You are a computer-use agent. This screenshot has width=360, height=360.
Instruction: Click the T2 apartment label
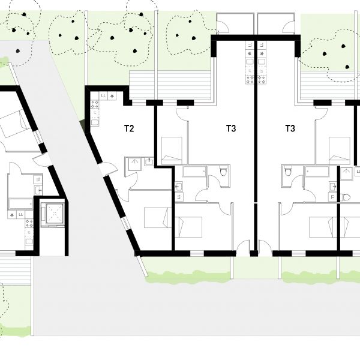tap(129, 128)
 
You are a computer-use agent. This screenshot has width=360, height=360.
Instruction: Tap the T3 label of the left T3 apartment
tap(231, 128)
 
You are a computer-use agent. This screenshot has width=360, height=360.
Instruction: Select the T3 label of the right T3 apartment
tap(290, 128)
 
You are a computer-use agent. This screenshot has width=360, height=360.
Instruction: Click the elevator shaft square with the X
tap(55, 214)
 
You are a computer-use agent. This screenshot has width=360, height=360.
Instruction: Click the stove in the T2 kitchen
tap(95, 104)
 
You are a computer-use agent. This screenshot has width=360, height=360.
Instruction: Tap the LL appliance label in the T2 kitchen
tap(104, 96)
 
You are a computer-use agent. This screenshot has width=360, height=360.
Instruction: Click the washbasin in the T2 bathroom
tap(149, 161)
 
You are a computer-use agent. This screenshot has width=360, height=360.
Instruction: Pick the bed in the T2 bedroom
tap(158, 218)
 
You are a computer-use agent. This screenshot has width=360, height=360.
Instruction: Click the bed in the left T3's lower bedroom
tap(188, 227)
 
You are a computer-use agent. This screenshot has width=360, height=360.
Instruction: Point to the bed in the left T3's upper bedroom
tap(172, 151)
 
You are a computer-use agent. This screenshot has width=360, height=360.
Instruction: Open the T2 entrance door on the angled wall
tap(109, 169)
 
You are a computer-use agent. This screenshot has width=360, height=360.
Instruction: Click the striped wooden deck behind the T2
tap(170, 85)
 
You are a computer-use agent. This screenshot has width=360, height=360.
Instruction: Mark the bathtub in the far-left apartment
tap(20, 204)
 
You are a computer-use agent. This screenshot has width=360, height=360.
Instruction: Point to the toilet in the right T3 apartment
tap(287, 171)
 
